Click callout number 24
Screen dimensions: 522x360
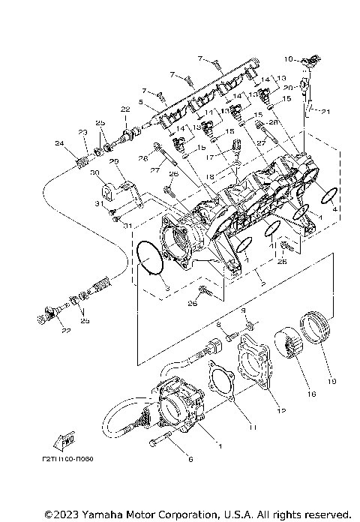pyautogui.click(x=58, y=143)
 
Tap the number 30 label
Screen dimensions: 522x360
pyautogui.click(x=94, y=172)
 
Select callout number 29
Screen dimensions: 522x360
pyautogui.click(x=114, y=161)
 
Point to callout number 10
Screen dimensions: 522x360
pyautogui.click(x=289, y=58)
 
